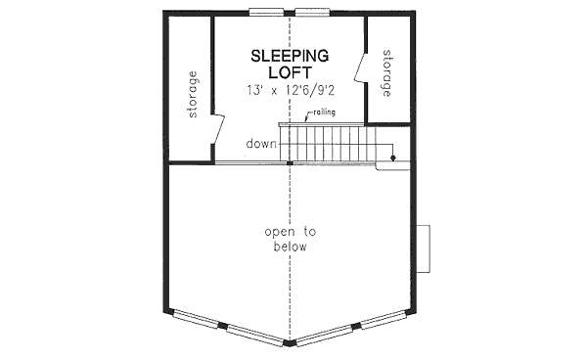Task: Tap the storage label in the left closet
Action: pos(193,94)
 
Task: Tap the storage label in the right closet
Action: pos(386,72)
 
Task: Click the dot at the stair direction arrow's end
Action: pos(393,156)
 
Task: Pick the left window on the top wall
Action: pos(263,14)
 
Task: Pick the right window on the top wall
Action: pos(314,14)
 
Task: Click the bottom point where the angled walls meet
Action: pos(291,343)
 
